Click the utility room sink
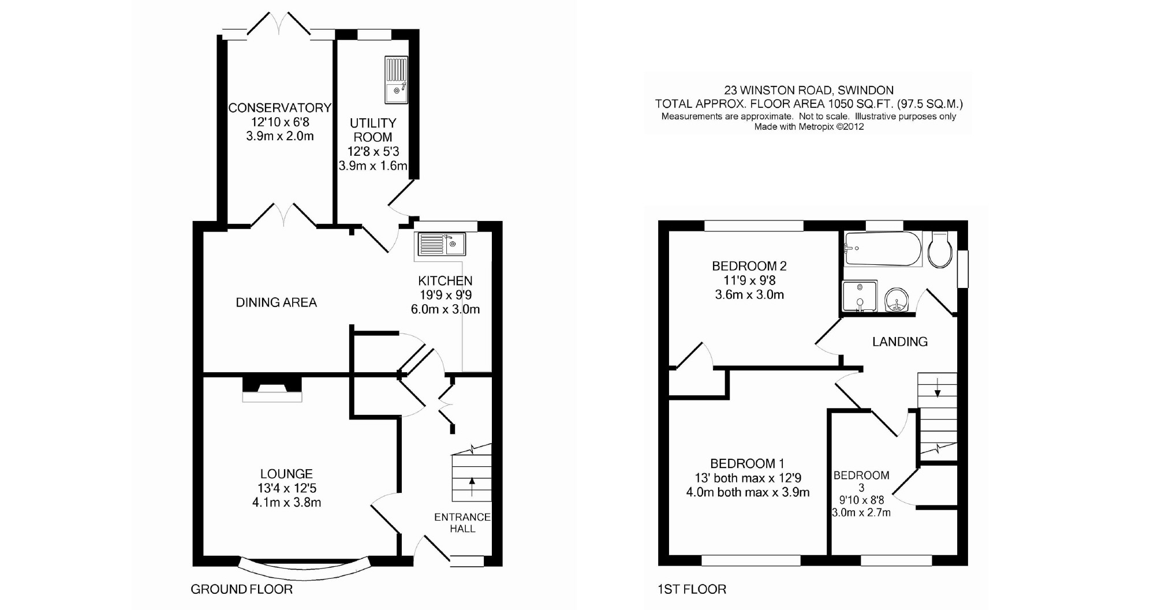[x=396, y=80]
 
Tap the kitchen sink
[x=442, y=244]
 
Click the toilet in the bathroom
[x=940, y=250]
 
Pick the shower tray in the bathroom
[x=860, y=297]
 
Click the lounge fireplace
[x=272, y=389]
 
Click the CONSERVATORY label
[x=279, y=108]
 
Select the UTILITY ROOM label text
[x=373, y=130]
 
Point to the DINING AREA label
[x=276, y=302]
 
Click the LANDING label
[x=899, y=342]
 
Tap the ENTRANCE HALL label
[x=462, y=523]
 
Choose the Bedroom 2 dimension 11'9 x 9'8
[x=749, y=280]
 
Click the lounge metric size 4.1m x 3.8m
[x=286, y=502]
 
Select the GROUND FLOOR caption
[x=241, y=589]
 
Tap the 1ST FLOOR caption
[x=692, y=589]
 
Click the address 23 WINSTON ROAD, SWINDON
[x=809, y=90]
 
